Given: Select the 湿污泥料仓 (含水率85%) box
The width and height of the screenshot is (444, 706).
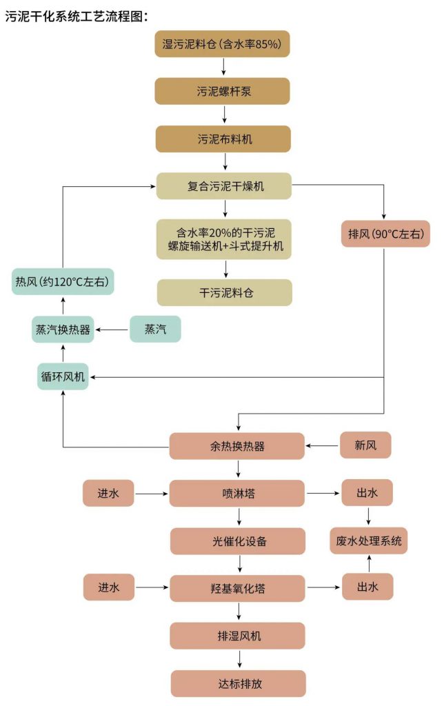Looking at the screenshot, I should coord(222,44).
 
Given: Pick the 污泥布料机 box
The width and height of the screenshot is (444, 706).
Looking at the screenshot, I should coord(224,139).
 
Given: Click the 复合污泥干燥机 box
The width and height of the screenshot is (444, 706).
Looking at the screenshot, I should coord(224,186).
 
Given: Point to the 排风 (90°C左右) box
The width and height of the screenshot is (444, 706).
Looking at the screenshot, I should coord(385,234).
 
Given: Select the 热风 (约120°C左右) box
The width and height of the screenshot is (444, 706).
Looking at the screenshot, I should coord(64,281).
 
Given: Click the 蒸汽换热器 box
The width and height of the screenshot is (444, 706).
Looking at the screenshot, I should coord(63,330).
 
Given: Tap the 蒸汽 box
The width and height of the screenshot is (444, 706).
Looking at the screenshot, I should coord(155,330).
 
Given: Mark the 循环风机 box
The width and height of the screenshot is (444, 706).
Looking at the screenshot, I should coord(63,376).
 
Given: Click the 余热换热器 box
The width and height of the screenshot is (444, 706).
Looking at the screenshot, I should coord(237,446).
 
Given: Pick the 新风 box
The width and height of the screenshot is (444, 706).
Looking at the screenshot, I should coord(365,446).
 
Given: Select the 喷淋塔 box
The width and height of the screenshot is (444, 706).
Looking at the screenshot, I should coord(237,494).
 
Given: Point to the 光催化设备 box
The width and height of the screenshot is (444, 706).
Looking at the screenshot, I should coord(239,541).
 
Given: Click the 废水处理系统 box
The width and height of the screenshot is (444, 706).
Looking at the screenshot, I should coord(368,541).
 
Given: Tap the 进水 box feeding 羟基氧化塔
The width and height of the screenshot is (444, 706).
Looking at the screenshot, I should coord(108,588).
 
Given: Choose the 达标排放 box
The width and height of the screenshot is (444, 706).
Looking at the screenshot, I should coord(239,684).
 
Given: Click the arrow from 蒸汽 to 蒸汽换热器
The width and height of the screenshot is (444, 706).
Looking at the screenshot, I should coord(112,330).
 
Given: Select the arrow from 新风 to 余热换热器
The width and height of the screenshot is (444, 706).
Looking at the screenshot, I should coord(323,446).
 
